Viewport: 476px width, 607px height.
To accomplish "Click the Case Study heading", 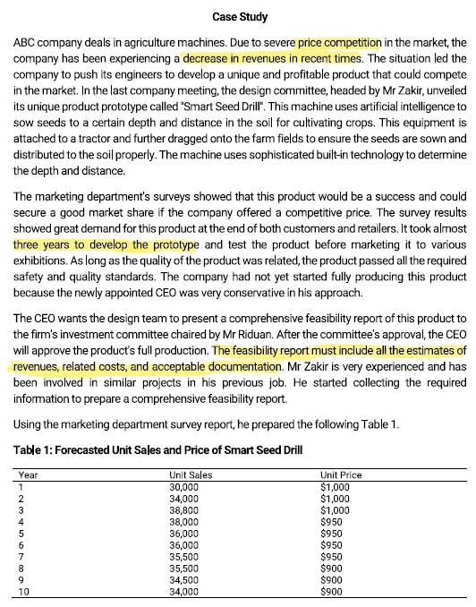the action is click(239, 17).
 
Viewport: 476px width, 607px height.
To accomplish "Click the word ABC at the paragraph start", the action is click(27, 43).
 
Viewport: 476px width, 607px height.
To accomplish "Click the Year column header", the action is click(29, 474).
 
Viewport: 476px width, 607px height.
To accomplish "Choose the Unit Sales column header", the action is click(190, 474).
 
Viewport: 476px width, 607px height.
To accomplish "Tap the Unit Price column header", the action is click(341, 474).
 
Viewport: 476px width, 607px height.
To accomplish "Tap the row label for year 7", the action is click(21, 556).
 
